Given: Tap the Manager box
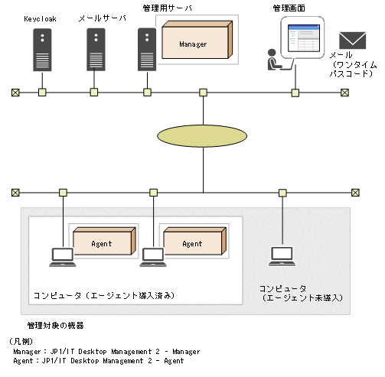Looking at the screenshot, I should (x=195, y=44).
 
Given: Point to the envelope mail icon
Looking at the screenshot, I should (x=353, y=41).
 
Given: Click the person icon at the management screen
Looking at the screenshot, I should (x=271, y=60).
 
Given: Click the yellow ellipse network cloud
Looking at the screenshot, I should (x=203, y=135).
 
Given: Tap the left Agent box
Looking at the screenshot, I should (x=102, y=243).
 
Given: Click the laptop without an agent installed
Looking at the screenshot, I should (x=282, y=256).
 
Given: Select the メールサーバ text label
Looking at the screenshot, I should (x=99, y=15).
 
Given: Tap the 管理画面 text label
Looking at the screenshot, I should (x=288, y=8).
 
